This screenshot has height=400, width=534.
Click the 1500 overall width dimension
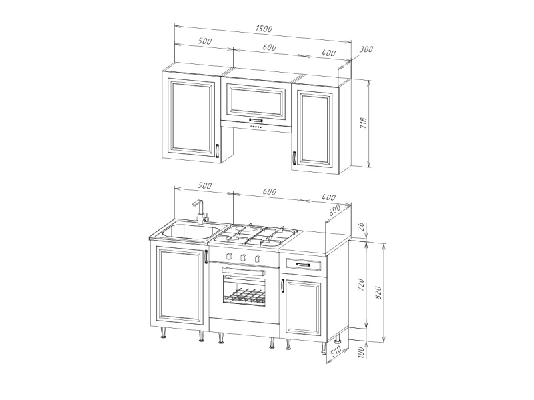point(264,29)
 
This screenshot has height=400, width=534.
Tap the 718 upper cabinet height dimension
point(364,123)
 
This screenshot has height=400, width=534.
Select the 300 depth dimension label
point(366,49)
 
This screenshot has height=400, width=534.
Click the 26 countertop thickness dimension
point(362,227)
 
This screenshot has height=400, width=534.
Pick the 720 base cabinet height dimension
point(362,285)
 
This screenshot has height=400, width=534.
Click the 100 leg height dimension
point(362,351)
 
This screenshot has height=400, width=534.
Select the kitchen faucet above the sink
point(200,211)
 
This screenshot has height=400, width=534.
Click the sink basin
point(190,232)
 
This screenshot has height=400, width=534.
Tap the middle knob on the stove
point(243,257)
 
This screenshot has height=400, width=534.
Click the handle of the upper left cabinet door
point(217,151)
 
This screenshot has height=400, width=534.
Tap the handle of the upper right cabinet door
point(294,158)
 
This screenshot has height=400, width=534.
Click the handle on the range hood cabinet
point(256,120)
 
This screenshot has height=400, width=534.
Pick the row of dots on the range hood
point(256,127)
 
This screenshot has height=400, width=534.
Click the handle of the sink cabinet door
point(206,257)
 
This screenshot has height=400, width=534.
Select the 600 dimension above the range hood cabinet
point(270,47)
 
